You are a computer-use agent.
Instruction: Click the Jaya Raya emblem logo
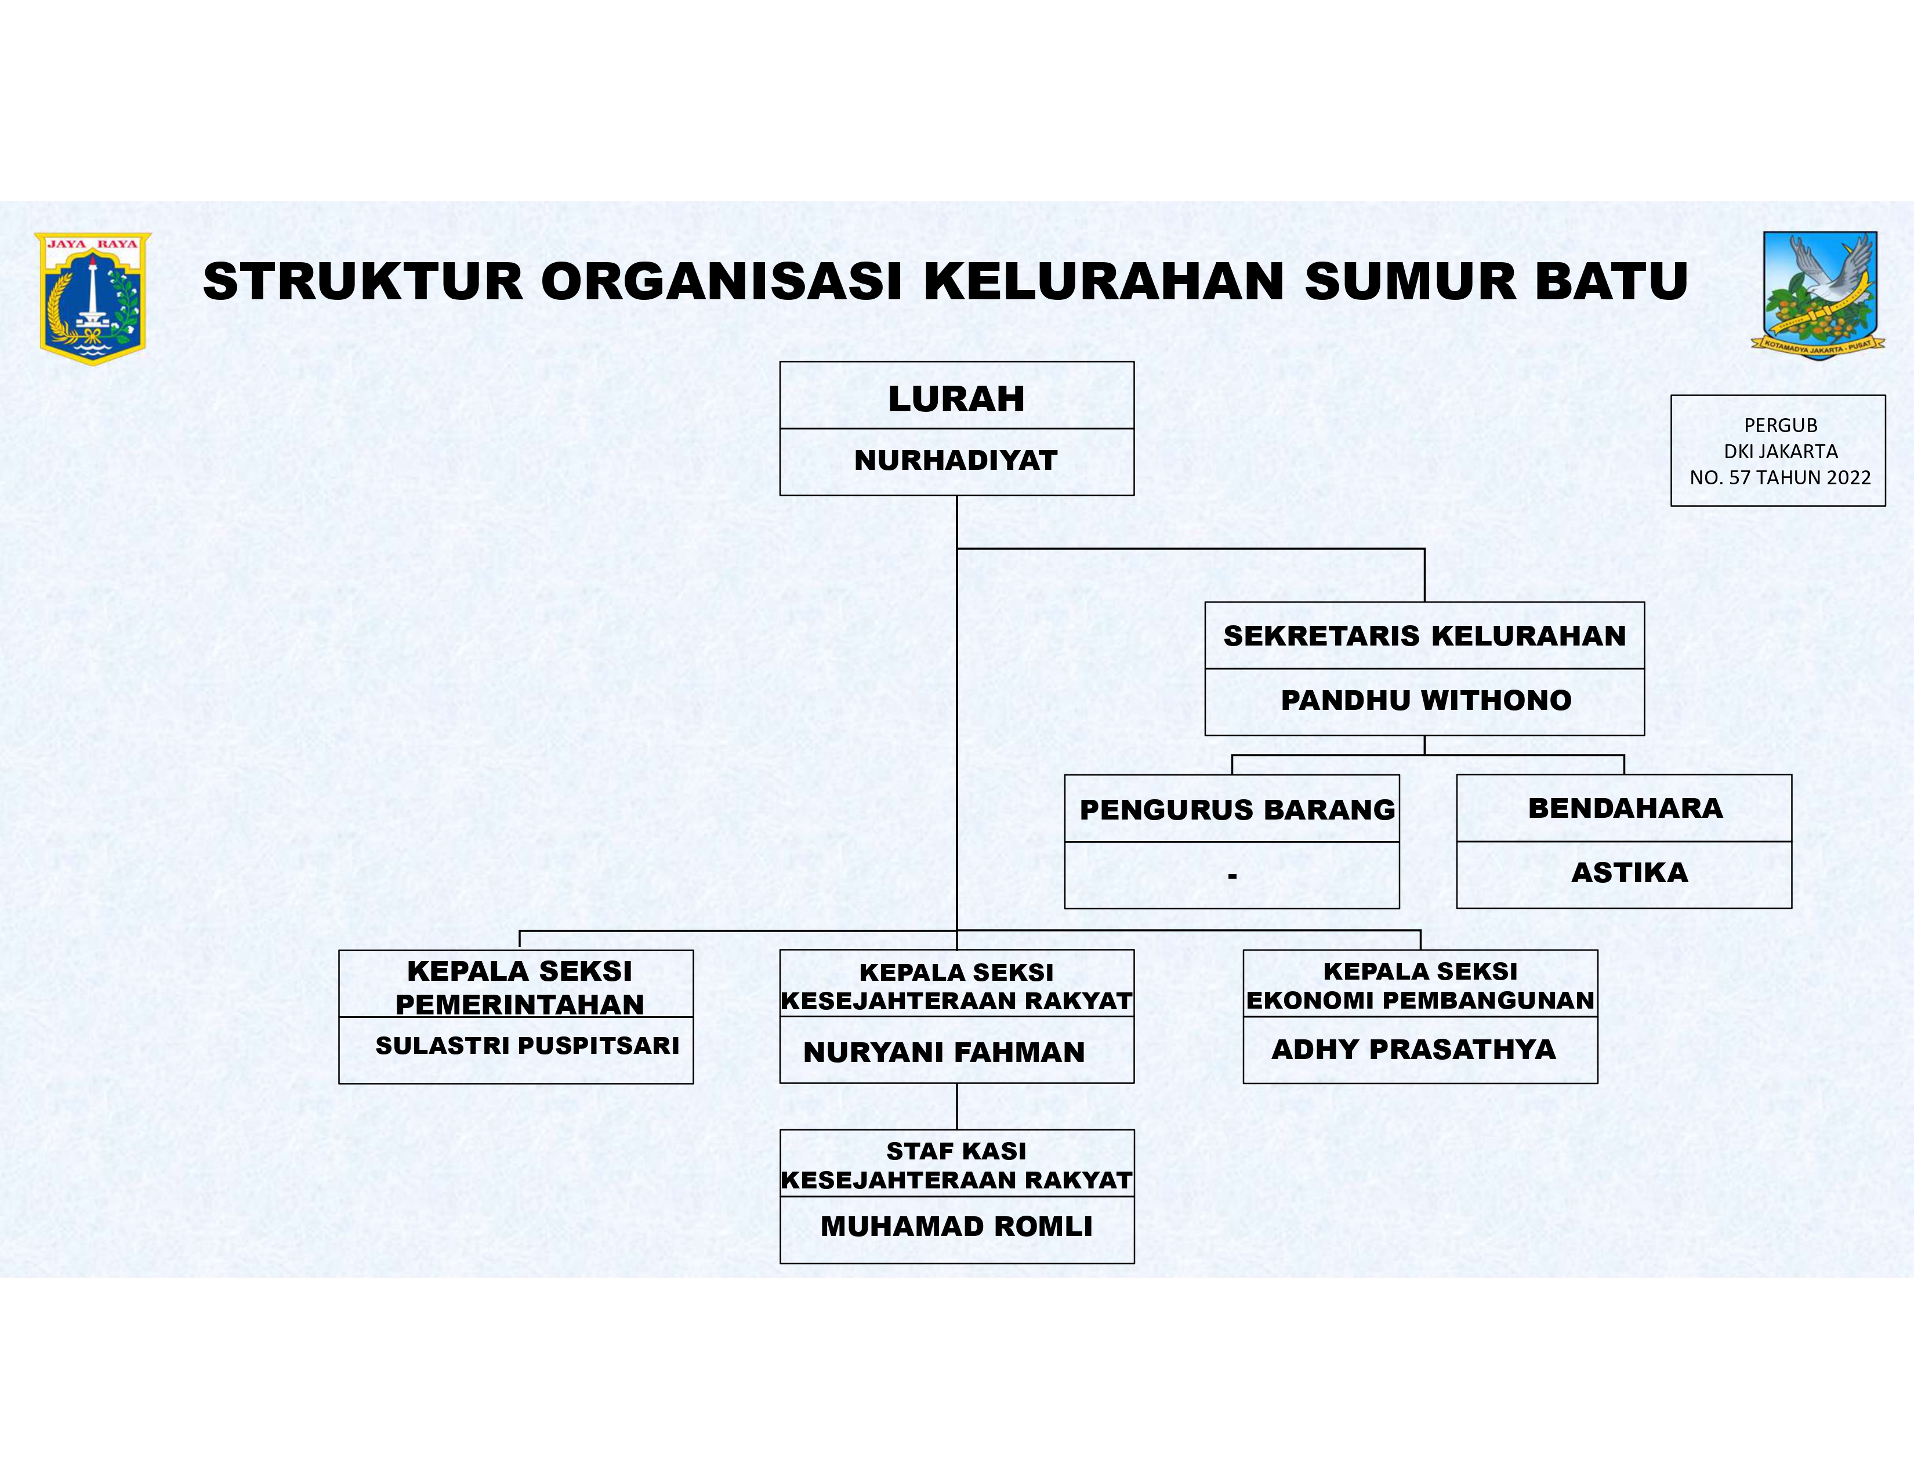[x=93, y=298]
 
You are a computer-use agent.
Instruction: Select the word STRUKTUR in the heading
[x=362, y=281]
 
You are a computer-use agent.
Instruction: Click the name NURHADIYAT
[x=956, y=460]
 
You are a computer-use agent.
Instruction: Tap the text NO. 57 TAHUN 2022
[x=1780, y=477]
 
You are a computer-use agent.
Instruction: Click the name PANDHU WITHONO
[x=1426, y=700]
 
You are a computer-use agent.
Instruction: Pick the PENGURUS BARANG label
[x=1237, y=810]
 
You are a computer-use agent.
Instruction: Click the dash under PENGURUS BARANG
[x=1232, y=875]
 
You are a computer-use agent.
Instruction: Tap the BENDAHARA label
[x=1625, y=808]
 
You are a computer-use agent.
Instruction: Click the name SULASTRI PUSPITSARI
[x=527, y=1045]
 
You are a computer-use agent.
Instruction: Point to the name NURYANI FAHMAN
[x=944, y=1052]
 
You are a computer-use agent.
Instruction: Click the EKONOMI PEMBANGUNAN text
[x=1420, y=1000]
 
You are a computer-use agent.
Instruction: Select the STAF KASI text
[x=956, y=1151]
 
